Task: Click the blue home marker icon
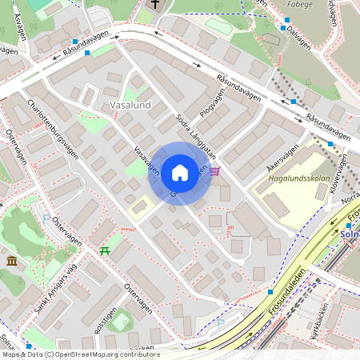tap(180, 173)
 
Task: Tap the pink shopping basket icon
tap(214, 170)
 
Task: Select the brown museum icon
tap(13, 261)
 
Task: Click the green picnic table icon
tap(105, 251)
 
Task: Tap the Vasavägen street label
tap(143, 153)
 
